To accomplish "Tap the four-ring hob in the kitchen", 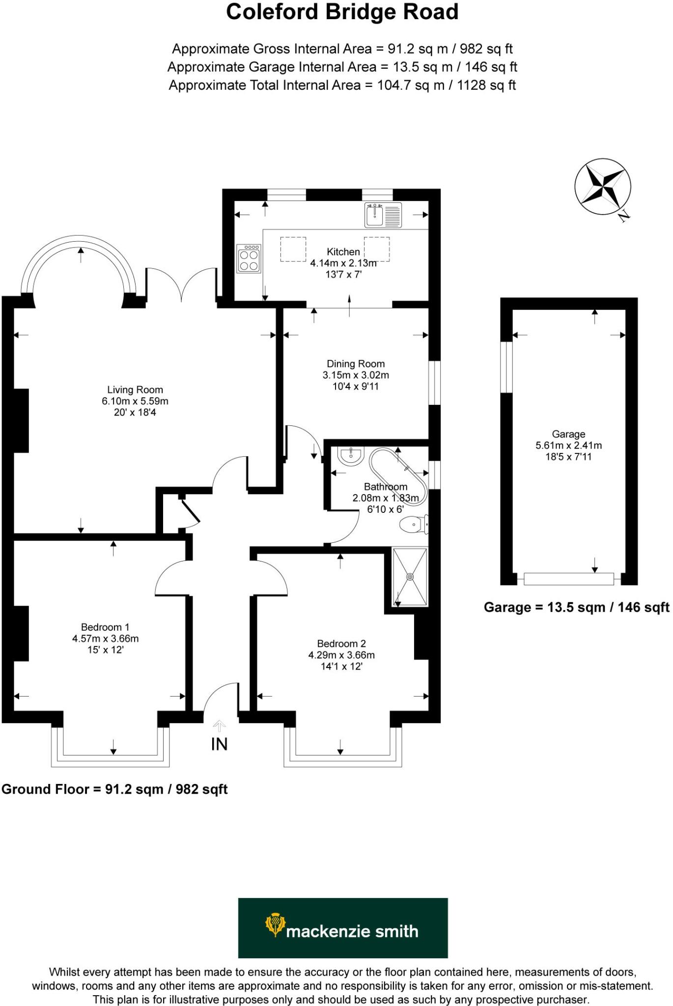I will tap(249, 259).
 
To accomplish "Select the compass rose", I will tap(603, 187).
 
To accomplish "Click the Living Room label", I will tap(135, 390).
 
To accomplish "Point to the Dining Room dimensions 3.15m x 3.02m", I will tap(356, 375).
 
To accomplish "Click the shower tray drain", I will tap(410, 577).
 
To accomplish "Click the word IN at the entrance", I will tap(219, 744).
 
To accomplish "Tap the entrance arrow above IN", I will tap(219, 726).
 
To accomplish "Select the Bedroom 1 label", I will tap(105, 627).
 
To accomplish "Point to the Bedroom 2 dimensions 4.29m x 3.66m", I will tap(341, 655).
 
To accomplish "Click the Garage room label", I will tap(568, 434).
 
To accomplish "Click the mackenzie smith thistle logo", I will tap(275, 925).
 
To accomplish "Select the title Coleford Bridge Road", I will tap(342, 12).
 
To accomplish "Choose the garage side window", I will tap(506, 367).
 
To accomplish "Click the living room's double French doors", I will tap(182, 285).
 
